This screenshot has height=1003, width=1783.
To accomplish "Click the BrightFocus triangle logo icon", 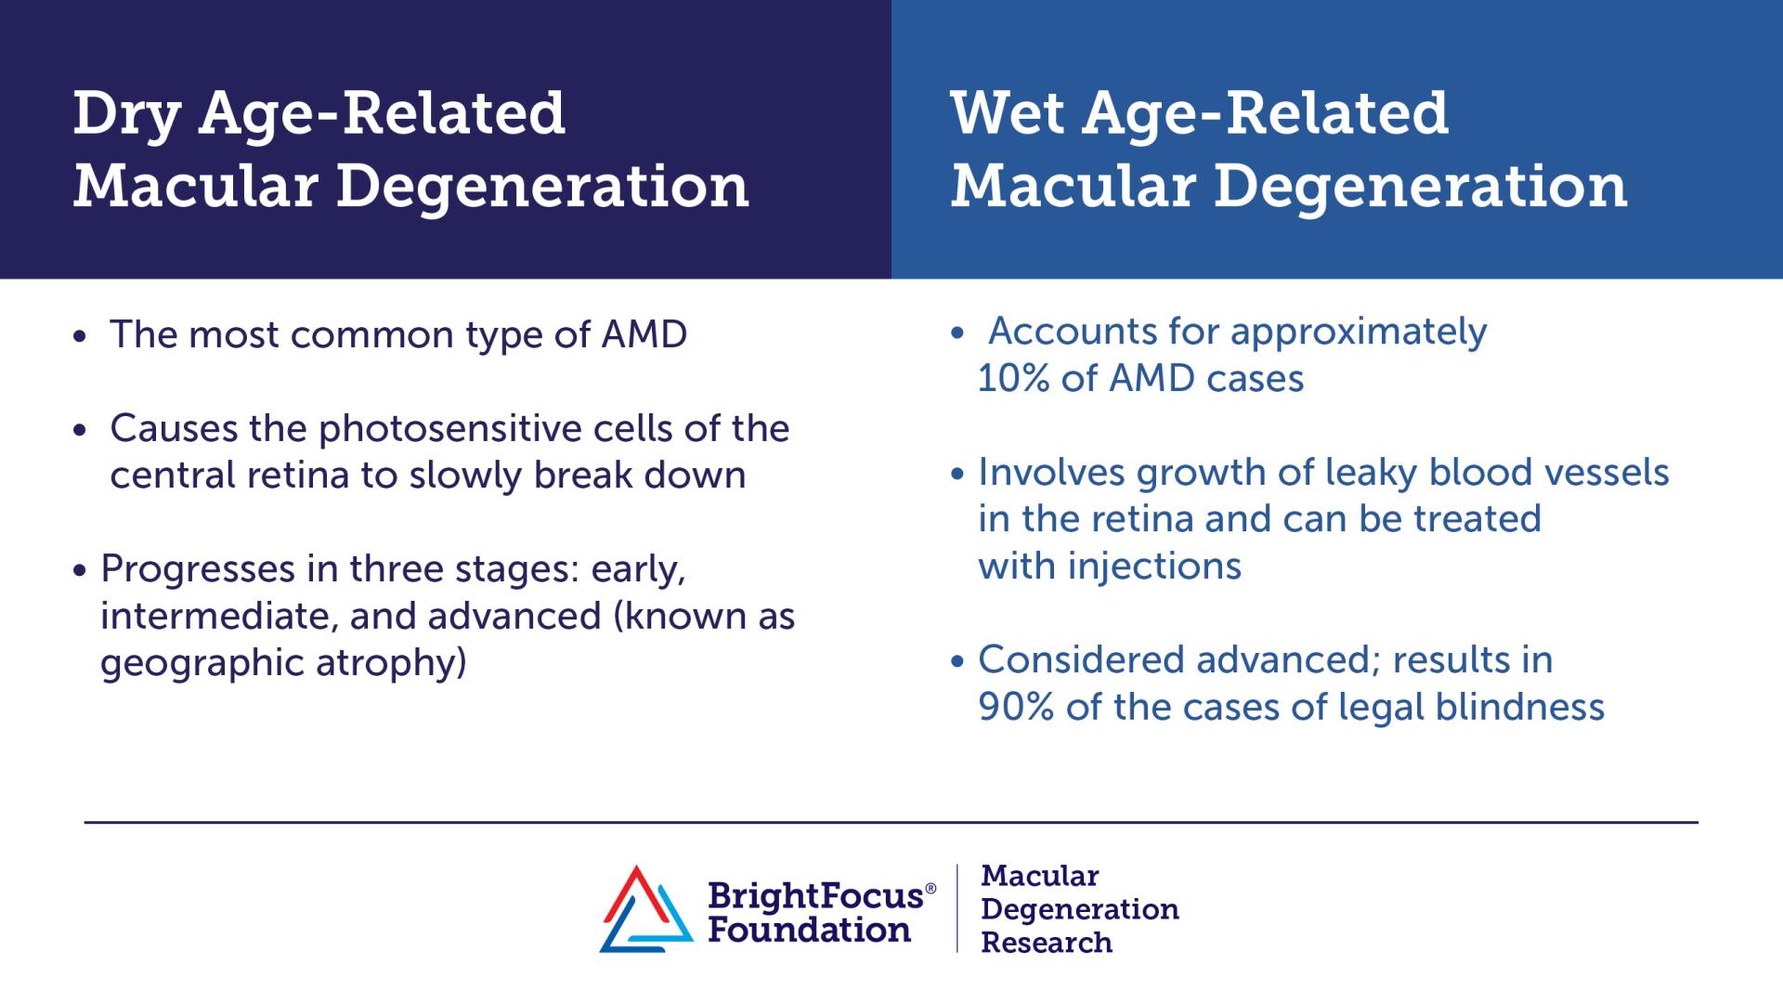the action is tap(646, 909).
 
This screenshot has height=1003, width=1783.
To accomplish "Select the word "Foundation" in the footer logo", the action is tap(809, 930).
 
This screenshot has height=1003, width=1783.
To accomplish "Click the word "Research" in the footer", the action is tap(1047, 943).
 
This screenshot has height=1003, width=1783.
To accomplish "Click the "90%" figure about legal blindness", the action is tap(1016, 708).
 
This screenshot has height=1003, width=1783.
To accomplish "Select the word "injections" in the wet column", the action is tap(1154, 567).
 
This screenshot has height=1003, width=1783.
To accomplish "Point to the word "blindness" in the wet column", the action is tap(1520, 708).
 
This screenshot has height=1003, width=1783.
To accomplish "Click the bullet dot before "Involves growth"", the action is tap(959, 475).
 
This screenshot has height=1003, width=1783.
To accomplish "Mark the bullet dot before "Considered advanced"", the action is tap(959, 662).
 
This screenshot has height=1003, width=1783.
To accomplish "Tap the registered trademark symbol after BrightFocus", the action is tap(931, 889).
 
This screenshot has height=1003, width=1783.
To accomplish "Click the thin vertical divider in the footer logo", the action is tap(957, 908).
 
